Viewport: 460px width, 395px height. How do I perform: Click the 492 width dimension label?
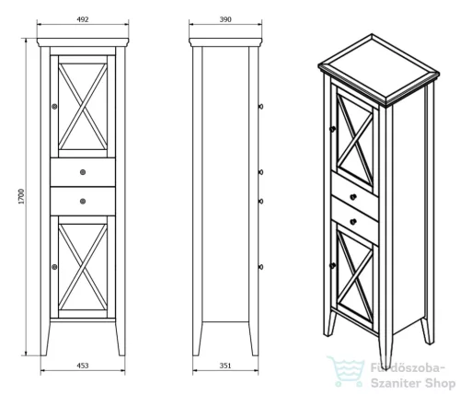(x=83, y=19)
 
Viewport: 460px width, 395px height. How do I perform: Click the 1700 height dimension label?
(x=21, y=197)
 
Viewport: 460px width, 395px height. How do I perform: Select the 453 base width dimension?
(x=83, y=366)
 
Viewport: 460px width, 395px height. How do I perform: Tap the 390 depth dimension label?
(x=225, y=19)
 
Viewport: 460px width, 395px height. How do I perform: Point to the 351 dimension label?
(x=225, y=366)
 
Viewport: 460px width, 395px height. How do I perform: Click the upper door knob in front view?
(x=54, y=107)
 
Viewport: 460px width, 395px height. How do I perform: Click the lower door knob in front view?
(x=54, y=267)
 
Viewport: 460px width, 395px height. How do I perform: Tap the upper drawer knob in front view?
(x=83, y=172)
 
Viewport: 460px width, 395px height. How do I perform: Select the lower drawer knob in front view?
(x=83, y=202)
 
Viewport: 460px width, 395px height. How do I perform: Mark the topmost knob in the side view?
(x=260, y=107)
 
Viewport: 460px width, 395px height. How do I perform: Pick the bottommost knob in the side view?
(x=260, y=267)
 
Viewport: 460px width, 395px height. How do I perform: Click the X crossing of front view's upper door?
(x=83, y=107)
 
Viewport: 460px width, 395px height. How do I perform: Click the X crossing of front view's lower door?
(x=83, y=267)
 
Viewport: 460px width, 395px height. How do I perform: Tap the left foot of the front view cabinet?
(x=45, y=339)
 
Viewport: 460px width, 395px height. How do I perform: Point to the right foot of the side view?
(x=253, y=339)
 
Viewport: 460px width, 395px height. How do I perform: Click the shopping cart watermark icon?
(x=346, y=371)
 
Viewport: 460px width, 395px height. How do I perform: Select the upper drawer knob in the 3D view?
(x=353, y=197)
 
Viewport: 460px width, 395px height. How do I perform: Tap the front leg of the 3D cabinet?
(x=385, y=352)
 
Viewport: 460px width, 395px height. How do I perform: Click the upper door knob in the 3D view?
(x=332, y=129)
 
